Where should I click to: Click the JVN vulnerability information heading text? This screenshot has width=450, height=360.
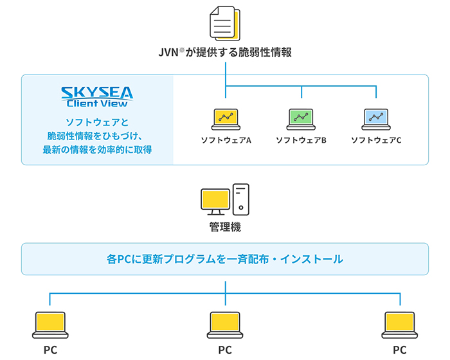coord(225,53)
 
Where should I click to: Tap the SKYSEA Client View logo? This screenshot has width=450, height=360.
coord(98,96)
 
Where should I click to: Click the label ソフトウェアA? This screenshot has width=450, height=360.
coord(226,139)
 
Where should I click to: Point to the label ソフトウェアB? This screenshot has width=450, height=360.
coord(301,139)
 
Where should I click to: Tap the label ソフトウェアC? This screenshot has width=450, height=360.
coord(376,139)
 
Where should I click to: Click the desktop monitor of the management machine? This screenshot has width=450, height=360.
coord(215,202)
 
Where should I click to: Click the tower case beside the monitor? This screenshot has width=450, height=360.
coord(241,199)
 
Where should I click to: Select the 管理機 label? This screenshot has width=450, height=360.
coord(225,228)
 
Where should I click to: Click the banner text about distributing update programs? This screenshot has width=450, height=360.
coord(225,259)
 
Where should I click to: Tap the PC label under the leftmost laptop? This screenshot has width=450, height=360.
coord(50,350)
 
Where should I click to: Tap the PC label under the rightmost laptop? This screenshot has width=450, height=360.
coord(400,350)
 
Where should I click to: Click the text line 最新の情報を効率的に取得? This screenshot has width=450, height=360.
coord(98,150)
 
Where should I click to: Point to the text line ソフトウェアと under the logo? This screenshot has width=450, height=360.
coord(98,122)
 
